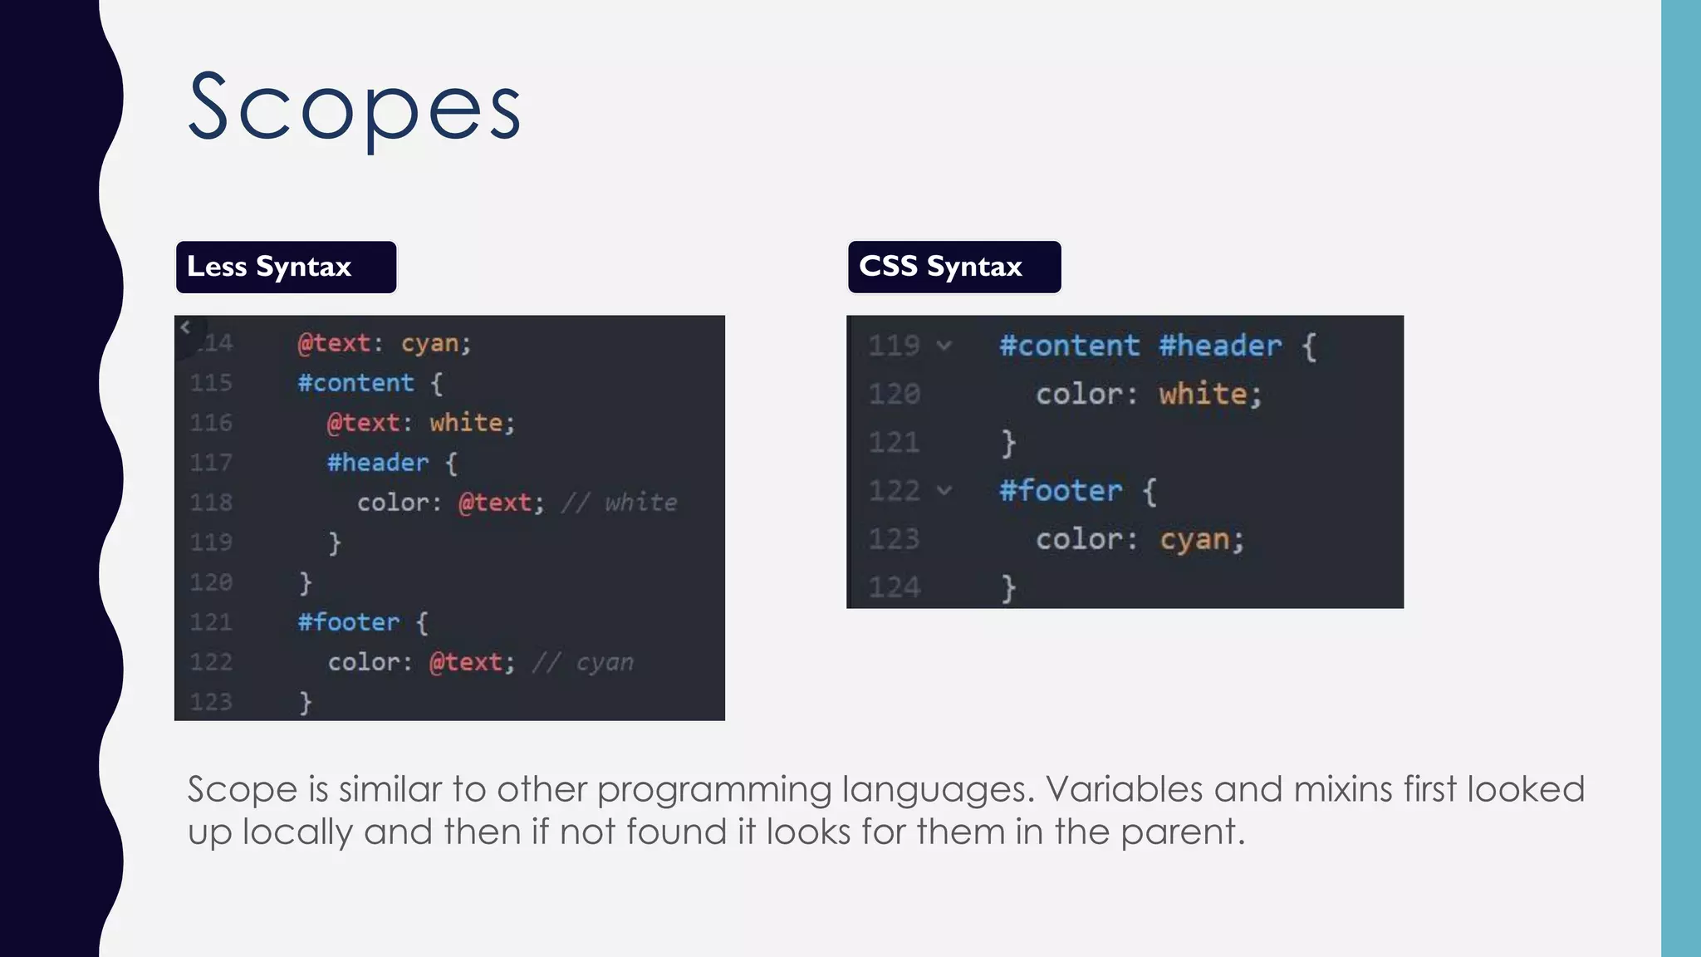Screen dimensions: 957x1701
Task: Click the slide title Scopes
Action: (355, 108)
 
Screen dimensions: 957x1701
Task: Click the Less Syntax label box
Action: (286, 267)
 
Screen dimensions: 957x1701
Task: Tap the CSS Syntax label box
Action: (953, 267)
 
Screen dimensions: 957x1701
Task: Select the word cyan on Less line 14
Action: (430, 343)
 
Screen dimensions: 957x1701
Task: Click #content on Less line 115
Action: (355, 383)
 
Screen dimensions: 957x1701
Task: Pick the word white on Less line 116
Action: (466, 423)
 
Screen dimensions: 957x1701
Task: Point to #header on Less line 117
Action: (378, 463)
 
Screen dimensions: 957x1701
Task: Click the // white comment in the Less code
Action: (619, 503)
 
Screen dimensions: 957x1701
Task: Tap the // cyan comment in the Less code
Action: (582, 662)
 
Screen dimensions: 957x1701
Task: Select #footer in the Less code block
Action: (349, 622)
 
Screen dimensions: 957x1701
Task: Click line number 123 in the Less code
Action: (211, 702)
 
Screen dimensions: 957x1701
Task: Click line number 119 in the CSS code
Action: (894, 346)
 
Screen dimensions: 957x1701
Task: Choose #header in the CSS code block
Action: (1220, 346)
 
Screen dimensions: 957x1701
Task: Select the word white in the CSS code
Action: (1203, 394)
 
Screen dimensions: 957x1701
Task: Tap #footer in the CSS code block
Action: (1061, 491)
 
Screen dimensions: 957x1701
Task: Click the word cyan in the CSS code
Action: (1194, 540)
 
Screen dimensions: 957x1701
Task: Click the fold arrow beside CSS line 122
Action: (944, 490)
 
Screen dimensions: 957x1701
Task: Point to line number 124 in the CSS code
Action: (894, 587)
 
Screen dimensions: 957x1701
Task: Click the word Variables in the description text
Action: (1124, 789)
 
